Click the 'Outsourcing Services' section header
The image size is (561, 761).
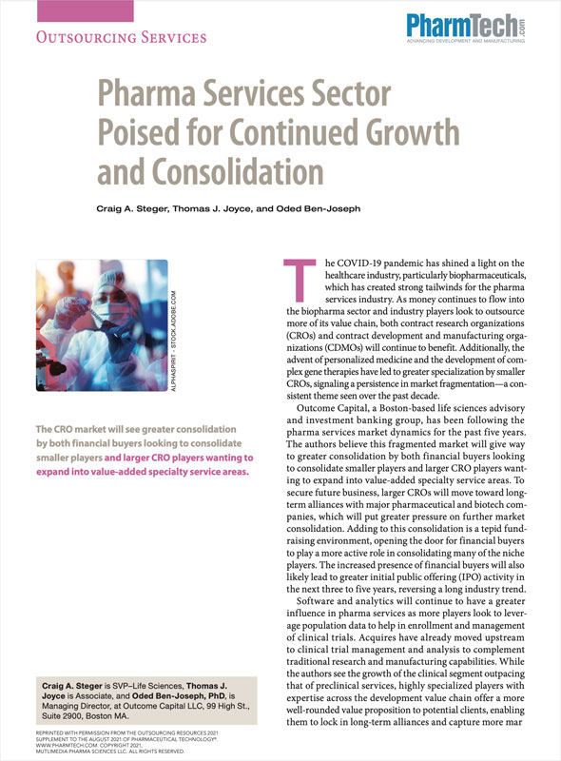pos(119,38)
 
